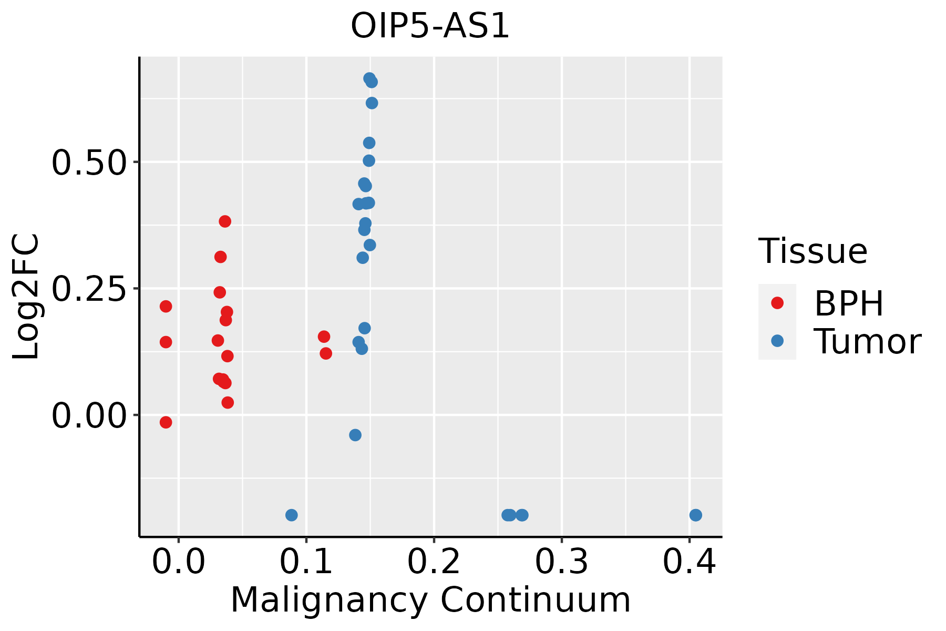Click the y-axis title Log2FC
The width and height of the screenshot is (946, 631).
click(x=26, y=297)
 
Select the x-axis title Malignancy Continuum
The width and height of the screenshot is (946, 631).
click(x=430, y=600)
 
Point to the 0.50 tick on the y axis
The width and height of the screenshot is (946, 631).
click(x=89, y=162)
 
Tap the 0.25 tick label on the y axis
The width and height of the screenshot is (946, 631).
click(x=89, y=289)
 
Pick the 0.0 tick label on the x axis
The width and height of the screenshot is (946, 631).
click(x=179, y=562)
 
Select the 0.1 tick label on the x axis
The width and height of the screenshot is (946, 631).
click(x=306, y=562)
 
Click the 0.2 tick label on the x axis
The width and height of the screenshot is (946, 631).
click(x=434, y=562)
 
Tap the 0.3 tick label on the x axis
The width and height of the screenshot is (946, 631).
click(x=562, y=562)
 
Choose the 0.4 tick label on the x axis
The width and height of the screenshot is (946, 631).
click(x=689, y=562)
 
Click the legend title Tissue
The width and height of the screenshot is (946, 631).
click(x=813, y=251)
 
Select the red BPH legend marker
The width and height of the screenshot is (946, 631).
click(x=777, y=303)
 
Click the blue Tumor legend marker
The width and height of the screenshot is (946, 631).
click(x=777, y=341)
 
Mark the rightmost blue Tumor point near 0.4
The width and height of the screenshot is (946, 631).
click(x=695, y=515)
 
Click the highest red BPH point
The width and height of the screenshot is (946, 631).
click(x=225, y=221)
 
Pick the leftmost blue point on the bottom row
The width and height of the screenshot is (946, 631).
click(x=292, y=515)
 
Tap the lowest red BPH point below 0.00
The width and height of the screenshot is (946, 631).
click(x=166, y=422)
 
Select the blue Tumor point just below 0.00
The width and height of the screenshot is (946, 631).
click(x=355, y=435)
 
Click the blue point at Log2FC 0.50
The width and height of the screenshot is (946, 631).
click(x=369, y=160)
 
